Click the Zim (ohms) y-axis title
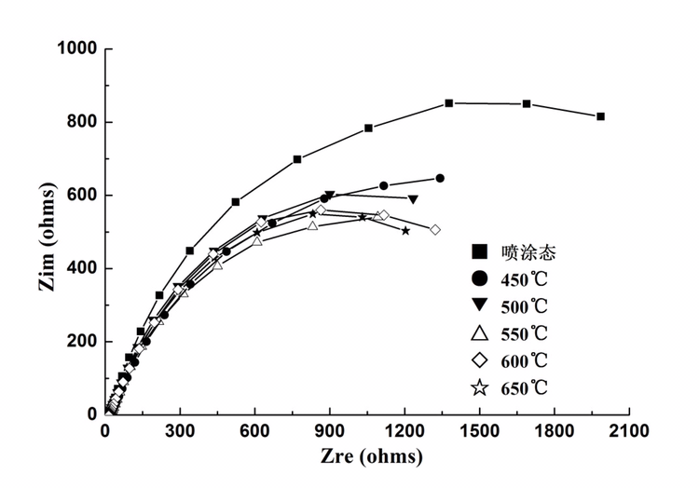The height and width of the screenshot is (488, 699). click(x=48, y=232)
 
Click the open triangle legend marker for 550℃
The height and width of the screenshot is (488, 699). click(x=480, y=332)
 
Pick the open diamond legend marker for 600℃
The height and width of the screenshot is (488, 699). click(x=480, y=360)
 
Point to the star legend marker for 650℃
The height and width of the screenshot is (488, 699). click(x=480, y=388)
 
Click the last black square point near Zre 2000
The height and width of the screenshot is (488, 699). click(x=600, y=116)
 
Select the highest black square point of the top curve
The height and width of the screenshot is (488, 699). click(x=449, y=103)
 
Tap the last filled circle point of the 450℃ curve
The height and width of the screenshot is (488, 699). click(x=440, y=178)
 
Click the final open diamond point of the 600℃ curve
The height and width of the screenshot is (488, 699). click(x=435, y=229)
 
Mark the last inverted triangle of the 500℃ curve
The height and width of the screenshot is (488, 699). click(x=413, y=199)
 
